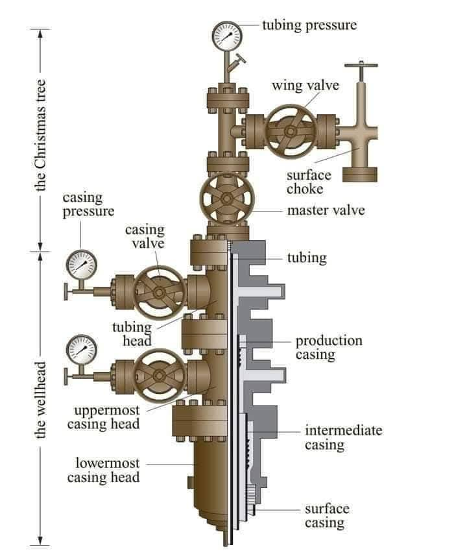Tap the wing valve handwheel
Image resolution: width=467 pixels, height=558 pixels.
coord(291,130)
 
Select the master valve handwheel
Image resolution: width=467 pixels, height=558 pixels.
coord(226,199)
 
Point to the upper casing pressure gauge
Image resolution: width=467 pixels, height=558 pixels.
coord(82,265)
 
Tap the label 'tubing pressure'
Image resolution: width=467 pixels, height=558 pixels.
coord(309,25)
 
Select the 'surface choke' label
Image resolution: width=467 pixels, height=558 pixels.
coord(309,182)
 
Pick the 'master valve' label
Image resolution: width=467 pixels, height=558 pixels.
coord(326,210)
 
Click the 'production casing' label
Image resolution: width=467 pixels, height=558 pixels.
coord(329,348)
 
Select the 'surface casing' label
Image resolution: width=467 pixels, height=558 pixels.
coord(327,515)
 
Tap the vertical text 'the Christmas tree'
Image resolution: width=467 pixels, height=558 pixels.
coord(40,137)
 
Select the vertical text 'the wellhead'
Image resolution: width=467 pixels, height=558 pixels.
coord(40,400)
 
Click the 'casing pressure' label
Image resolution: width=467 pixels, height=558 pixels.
coord(88,204)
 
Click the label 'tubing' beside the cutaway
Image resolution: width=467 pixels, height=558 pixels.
coord(307,258)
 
